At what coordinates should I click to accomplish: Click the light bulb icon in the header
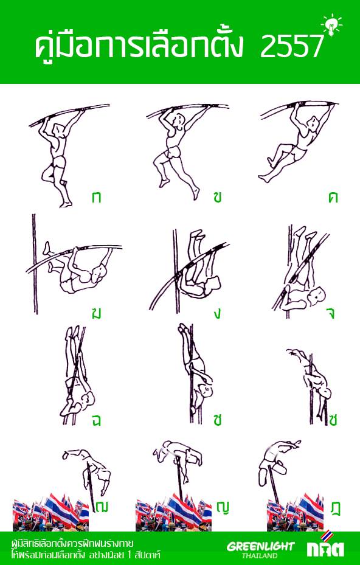pos(331,24)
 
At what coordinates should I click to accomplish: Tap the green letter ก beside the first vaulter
pos(96,198)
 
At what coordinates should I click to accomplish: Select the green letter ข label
pos(217,198)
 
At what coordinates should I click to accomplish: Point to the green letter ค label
pos(333,198)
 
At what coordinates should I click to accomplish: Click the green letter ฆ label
pos(96,313)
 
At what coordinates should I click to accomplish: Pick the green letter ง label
pos(217,314)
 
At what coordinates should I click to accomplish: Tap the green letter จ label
pos(331,314)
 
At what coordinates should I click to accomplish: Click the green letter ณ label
pos(102,507)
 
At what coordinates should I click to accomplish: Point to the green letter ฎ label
pos(336,508)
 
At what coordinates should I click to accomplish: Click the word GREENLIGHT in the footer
pos(260,546)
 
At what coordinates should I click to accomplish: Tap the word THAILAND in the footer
pos(260,555)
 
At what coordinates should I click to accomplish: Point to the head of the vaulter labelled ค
pos(314,122)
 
